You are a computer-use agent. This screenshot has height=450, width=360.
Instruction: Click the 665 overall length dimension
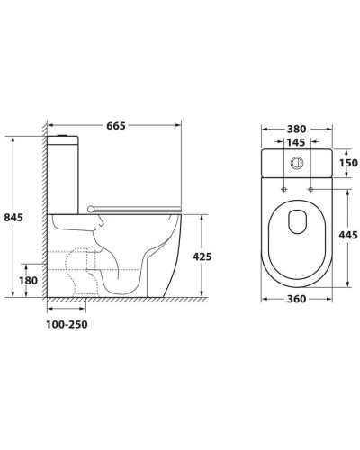point(116,126)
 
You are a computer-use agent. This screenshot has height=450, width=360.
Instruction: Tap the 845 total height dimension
point(13,217)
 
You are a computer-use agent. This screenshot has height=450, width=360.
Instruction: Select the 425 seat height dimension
point(202,256)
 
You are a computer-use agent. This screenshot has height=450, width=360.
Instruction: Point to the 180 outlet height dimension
point(28,281)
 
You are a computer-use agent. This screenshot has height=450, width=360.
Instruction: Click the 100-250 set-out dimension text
point(67,324)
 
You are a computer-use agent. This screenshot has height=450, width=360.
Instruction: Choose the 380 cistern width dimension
point(297,129)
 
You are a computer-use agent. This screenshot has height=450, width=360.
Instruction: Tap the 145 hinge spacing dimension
point(295,142)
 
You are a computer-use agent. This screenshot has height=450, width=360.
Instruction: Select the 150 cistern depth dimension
point(348,163)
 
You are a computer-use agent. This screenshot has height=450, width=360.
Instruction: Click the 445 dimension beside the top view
point(348,235)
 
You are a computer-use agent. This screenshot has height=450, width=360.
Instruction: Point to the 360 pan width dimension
point(297,299)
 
